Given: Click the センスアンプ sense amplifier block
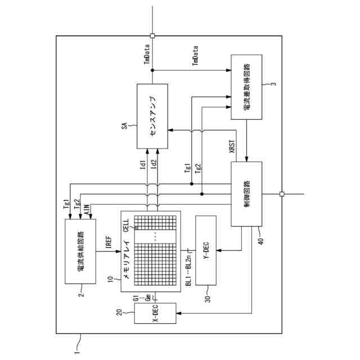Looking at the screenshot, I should [152, 116].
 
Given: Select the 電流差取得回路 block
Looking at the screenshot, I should [246, 87].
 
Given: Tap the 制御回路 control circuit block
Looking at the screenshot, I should [246, 193].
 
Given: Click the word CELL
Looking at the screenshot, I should [126, 229].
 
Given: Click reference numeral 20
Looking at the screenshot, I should [119, 313].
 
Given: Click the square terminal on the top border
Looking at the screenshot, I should [152, 35].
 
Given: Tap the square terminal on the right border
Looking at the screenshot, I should [282, 194].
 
